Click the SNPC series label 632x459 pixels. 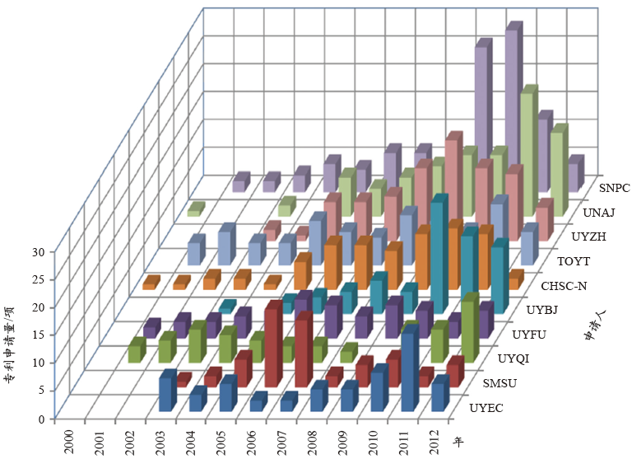point(613,187)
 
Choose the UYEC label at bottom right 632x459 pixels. point(487,407)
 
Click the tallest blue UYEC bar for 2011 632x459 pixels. point(408,371)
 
